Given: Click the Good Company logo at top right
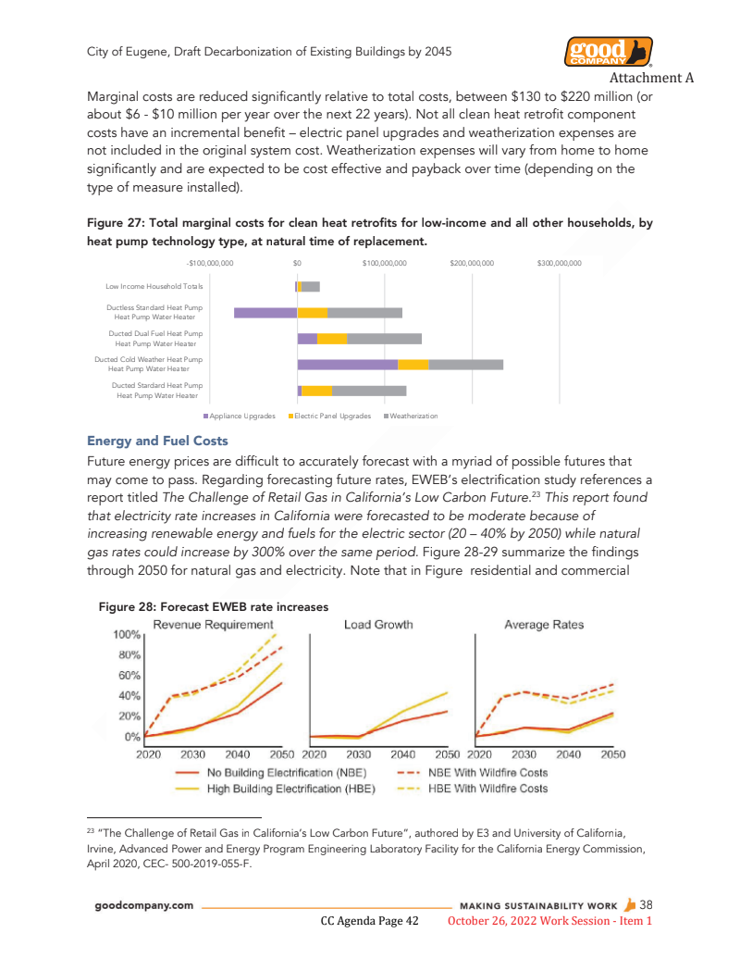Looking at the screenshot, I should pyautogui.click(x=607, y=52).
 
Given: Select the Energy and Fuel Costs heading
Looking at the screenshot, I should pyautogui.click(x=156, y=441).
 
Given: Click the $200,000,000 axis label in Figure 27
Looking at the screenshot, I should pyautogui.click(x=472, y=264).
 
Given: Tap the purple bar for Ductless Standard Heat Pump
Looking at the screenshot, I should pyautogui.click(x=265, y=313).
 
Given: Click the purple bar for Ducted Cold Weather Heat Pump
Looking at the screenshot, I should pyautogui.click(x=347, y=365).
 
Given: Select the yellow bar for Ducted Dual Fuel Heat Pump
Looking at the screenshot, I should pyautogui.click(x=332, y=339).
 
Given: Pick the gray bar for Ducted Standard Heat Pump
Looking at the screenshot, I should pyautogui.click(x=369, y=391).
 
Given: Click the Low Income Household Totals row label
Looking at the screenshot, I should pyautogui.click(x=154, y=287).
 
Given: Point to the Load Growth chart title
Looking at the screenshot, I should pyautogui.click(x=378, y=625).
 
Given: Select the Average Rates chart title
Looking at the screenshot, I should pyautogui.click(x=544, y=625).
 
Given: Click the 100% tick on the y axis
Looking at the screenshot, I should pyautogui.click(x=127, y=635).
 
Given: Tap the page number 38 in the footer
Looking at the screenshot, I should pyautogui.click(x=647, y=904).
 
